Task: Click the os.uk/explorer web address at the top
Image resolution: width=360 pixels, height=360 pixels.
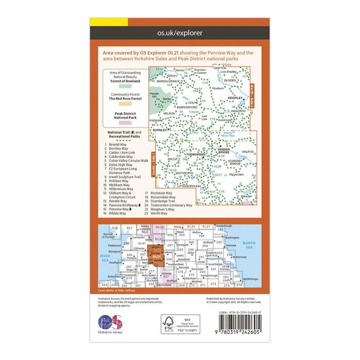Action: (x=180, y=31)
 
